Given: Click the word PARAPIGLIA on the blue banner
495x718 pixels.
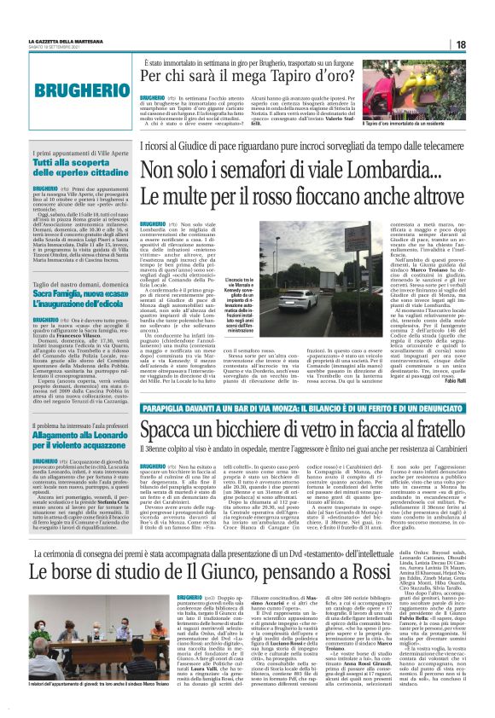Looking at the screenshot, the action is coord(153,387).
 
